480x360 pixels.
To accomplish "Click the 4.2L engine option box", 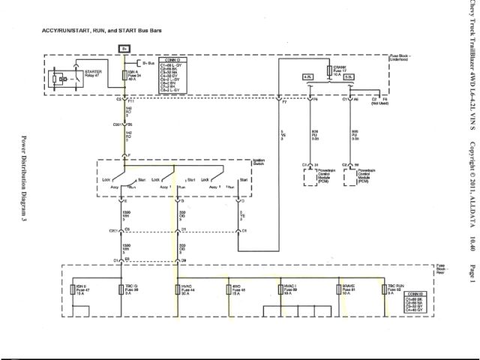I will (x=307, y=77).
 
